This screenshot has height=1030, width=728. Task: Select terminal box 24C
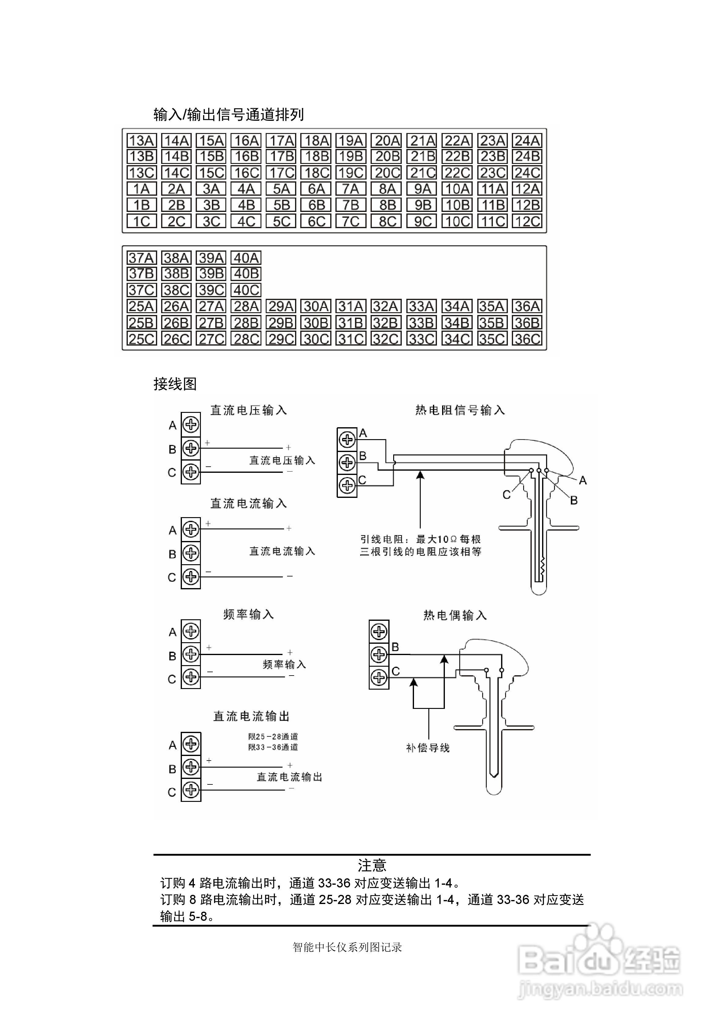pyautogui.click(x=527, y=173)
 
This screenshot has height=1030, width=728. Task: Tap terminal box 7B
pyautogui.click(x=351, y=205)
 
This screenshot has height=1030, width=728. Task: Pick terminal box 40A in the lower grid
pyautogui.click(x=246, y=258)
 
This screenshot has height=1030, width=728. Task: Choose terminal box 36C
pyautogui.click(x=527, y=339)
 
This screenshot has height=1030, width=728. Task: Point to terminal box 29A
pyautogui.click(x=281, y=306)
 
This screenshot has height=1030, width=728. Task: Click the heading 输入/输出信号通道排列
pyautogui.click(x=228, y=115)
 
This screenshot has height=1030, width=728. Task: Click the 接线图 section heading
pyautogui.click(x=175, y=384)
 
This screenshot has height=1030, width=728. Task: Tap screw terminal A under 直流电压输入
pyautogui.click(x=191, y=424)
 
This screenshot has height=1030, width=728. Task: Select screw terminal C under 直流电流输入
pyautogui.click(x=191, y=576)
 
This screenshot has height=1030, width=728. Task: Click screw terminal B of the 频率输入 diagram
pyautogui.click(x=191, y=654)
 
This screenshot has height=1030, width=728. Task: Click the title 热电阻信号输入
pyautogui.click(x=460, y=410)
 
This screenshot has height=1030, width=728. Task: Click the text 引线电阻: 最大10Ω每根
pyautogui.click(x=420, y=539)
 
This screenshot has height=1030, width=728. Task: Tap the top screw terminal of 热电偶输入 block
pyautogui.click(x=379, y=632)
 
